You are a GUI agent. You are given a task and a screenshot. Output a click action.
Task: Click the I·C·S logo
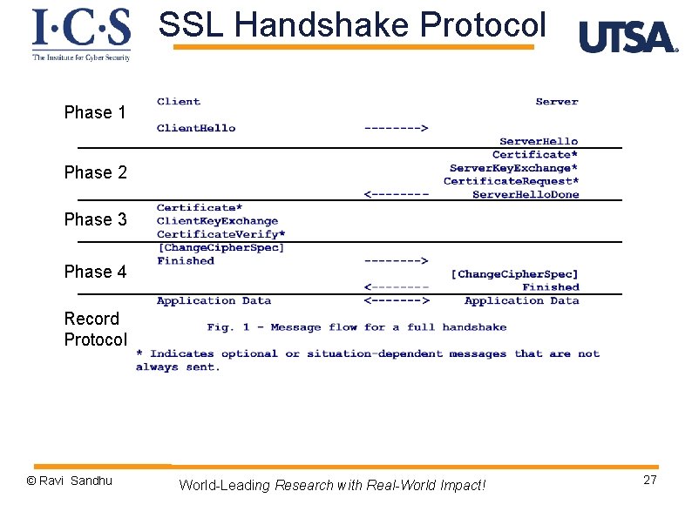pyautogui.click(x=81, y=34)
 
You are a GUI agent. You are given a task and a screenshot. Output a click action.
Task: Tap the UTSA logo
pyautogui.click(x=628, y=37)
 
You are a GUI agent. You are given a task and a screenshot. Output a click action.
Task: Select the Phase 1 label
pyautogui.click(x=95, y=112)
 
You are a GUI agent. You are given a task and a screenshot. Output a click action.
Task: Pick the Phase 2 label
pyautogui.click(x=95, y=172)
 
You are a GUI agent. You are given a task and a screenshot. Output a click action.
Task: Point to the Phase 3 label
pyautogui.click(x=95, y=219)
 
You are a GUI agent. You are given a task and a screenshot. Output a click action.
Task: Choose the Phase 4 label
pyautogui.click(x=95, y=272)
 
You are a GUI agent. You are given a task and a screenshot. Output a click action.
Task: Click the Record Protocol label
pyautogui.click(x=95, y=329)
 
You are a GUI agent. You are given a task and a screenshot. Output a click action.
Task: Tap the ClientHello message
pyautogui.click(x=196, y=128)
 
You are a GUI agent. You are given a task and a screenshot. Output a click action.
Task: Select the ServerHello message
pyautogui.click(x=539, y=141)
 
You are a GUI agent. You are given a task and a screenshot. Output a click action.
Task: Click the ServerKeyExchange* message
pyautogui.click(x=513, y=168)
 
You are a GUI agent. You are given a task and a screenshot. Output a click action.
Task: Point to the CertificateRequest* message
pyautogui.click(x=511, y=181)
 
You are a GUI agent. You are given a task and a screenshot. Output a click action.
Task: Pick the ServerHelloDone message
pyautogui.click(x=526, y=195)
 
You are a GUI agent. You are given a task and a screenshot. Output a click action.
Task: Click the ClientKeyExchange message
pyautogui.click(x=217, y=221)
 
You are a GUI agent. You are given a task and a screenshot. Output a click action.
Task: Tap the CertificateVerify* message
pyautogui.click(x=220, y=234)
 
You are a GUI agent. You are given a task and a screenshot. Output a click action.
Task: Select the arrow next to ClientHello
pyautogui.click(x=395, y=129)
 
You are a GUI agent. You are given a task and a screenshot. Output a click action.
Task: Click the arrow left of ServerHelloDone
pyautogui.click(x=396, y=195)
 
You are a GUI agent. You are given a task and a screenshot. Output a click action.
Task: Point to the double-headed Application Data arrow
pyautogui.click(x=396, y=301)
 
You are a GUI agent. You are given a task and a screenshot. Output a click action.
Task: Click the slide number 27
pyautogui.click(x=650, y=481)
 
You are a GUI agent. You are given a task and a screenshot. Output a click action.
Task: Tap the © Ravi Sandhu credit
pyautogui.click(x=70, y=481)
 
